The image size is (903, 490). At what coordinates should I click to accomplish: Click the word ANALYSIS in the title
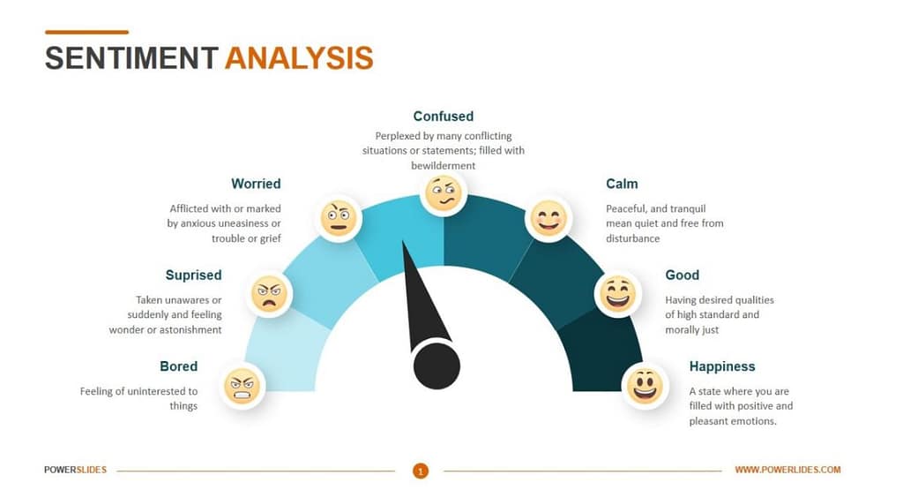click(x=299, y=57)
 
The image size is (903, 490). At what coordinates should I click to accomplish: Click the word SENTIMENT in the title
click(x=131, y=57)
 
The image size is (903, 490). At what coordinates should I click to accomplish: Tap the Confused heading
click(x=443, y=116)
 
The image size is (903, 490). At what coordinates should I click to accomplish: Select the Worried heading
click(x=256, y=184)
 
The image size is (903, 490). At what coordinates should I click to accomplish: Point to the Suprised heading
click(x=193, y=275)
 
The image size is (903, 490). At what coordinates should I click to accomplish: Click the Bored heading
click(x=178, y=366)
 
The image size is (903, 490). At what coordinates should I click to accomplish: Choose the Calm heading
click(x=622, y=184)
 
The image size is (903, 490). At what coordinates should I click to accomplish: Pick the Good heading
click(x=682, y=275)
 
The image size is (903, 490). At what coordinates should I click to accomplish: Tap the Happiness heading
click(x=721, y=366)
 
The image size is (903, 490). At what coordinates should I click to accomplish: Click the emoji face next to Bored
click(x=242, y=385)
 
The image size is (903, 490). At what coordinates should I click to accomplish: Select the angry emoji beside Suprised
click(x=269, y=294)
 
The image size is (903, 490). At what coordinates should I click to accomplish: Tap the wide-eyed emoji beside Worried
click(x=338, y=217)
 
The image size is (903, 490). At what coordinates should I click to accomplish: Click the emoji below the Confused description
click(x=443, y=192)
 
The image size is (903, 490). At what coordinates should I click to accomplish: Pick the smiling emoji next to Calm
click(x=548, y=217)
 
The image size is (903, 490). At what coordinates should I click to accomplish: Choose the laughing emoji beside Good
click(x=616, y=294)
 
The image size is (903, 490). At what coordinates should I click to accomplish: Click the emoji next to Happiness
click(x=644, y=385)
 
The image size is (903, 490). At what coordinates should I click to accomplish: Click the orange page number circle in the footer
click(x=421, y=471)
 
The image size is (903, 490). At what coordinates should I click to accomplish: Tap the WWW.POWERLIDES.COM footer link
click(x=787, y=470)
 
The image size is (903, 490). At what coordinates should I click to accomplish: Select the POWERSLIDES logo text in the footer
click(x=75, y=470)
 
